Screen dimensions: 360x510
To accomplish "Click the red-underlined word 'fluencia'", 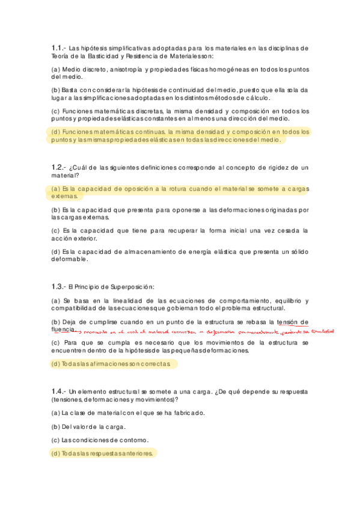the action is click(63, 330).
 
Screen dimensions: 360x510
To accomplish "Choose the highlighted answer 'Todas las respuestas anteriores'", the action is click(103, 453).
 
